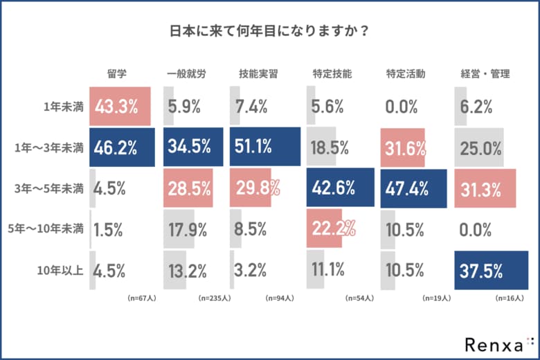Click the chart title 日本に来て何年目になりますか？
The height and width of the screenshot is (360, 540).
coord(270,32)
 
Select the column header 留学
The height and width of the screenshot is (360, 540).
coord(117,73)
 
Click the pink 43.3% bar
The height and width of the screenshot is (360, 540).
coord(120,107)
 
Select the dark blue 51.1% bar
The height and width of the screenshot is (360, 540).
coord(265,147)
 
